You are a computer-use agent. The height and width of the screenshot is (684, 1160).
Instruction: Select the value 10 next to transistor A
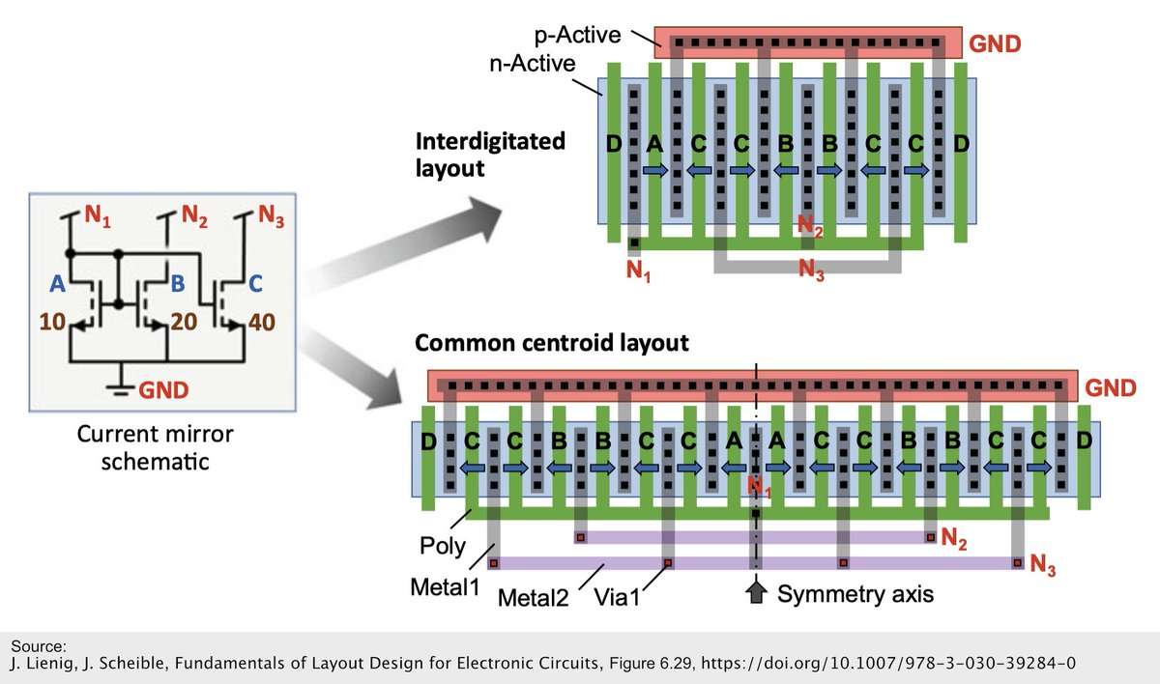(x=56, y=323)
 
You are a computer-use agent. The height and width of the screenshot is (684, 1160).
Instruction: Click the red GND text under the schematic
(x=165, y=389)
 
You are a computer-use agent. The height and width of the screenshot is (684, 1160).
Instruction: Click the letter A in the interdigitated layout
(x=654, y=145)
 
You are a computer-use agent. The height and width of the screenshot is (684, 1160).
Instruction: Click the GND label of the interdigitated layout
(x=996, y=43)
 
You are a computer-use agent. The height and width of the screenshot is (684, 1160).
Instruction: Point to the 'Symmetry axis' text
(x=855, y=594)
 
